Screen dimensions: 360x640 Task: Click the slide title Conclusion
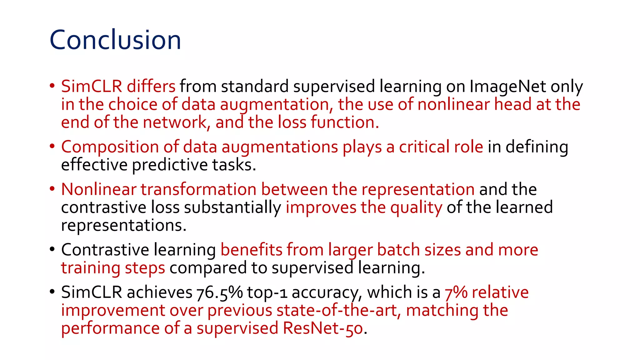coord(115,40)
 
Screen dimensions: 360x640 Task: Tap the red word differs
coord(151,87)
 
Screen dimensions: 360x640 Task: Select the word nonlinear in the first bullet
coord(454,104)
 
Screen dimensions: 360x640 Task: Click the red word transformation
coord(198,189)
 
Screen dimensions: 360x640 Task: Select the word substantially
coord(232,207)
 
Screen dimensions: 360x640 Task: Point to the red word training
coord(90,268)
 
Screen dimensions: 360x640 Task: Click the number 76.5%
coord(219,293)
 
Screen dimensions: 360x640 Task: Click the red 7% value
coord(456,293)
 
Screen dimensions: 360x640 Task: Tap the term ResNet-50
coord(323,328)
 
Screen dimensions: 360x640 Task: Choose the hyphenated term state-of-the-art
coord(336,311)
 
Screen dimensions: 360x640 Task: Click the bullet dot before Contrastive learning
coord(52,249)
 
